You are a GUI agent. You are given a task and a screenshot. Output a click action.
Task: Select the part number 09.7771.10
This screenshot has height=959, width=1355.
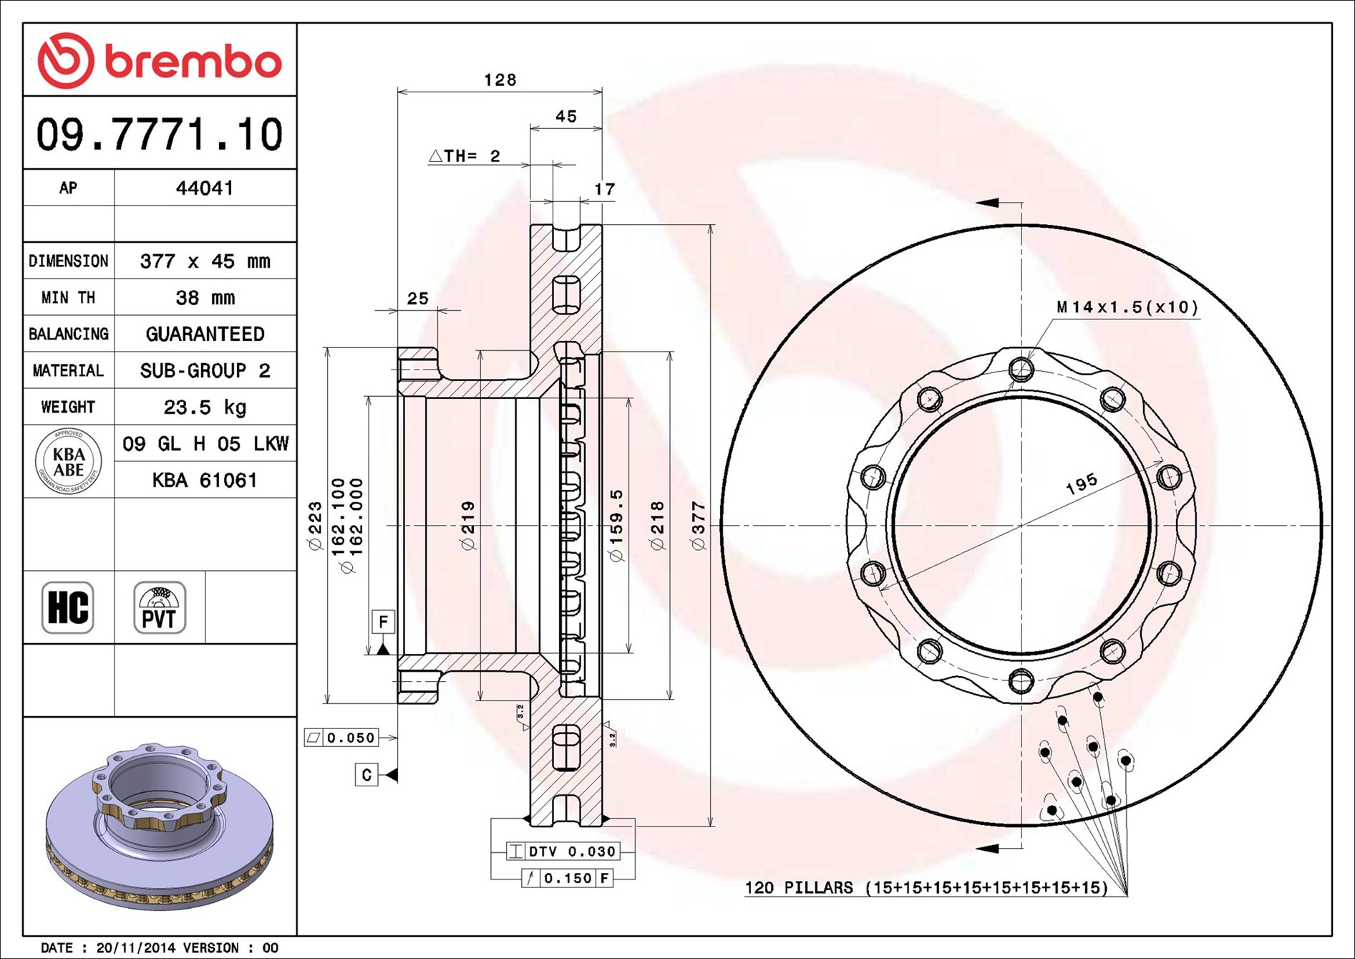160,134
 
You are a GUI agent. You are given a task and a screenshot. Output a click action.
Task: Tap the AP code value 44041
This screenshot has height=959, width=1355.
205,188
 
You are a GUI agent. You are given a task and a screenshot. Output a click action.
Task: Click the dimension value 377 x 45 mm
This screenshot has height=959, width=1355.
205,261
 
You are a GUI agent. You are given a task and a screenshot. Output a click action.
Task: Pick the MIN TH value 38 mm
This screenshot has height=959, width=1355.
205,297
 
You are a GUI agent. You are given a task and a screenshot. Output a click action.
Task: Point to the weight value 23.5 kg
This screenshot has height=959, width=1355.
205,407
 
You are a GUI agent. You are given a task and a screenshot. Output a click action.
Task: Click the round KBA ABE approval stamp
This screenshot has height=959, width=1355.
69,461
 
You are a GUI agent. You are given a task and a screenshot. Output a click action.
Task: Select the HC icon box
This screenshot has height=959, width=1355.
68,607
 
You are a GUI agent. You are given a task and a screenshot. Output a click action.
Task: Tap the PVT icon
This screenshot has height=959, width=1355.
160,607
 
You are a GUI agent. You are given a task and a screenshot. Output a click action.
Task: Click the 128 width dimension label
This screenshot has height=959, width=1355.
500,79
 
